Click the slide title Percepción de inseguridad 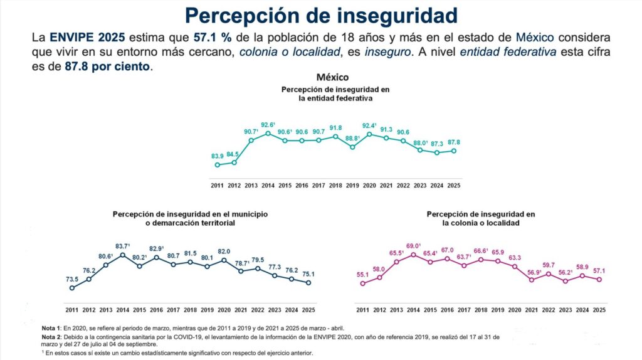pyautogui.click(x=321, y=15)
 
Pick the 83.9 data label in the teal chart pyautogui.click(x=217, y=156)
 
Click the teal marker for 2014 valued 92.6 pyautogui.click(x=268, y=133)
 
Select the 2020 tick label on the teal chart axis pyautogui.click(x=369, y=186)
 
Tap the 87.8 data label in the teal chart pyautogui.click(x=453, y=142)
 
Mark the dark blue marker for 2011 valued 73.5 pyautogui.click(x=72, y=288)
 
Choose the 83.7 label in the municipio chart pyautogui.click(x=123, y=246)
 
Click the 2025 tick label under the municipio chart pyautogui.click(x=308, y=310)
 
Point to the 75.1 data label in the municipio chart pyautogui.click(x=307, y=273)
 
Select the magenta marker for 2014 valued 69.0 pyautogui.click(x=413, y=255)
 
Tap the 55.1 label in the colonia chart pyautogui.click(x=362, y=275)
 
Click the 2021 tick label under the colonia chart pyautogui.click(x=531, y=310)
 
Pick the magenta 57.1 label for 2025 pyautogui.click(x=599, y=271)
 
